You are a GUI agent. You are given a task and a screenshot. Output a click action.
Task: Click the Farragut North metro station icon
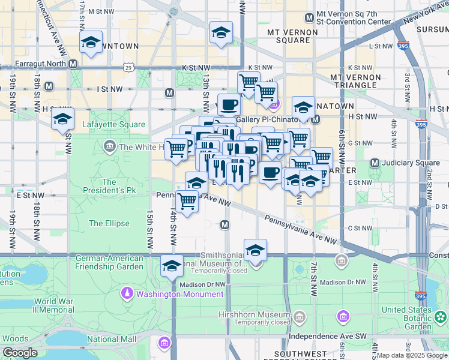pyautogui.click(x=73, y=63)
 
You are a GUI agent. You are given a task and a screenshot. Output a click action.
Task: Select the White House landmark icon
pyautogui.click(x=109, y=146)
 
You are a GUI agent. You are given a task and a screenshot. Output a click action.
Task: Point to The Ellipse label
pyautogui.click(x=109, y=223)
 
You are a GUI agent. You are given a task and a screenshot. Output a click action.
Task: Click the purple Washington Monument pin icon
pyautogui.click(x=127, y=294)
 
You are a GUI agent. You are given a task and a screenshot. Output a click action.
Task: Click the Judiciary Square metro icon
pyautogui.click(x=375, y=163)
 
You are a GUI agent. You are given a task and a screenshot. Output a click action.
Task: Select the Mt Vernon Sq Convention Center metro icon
pyautogui.click(x=309, y=17)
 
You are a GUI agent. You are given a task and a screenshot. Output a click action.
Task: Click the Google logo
pyautogui.click(x=20, y=353)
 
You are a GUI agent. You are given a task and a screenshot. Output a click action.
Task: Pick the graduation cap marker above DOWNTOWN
pyautogui.click(x=91, y=43)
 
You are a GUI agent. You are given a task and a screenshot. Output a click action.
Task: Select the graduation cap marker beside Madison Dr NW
pyautogui.click(x=172, y=266)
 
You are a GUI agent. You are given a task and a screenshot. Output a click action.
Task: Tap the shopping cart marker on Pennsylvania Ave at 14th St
pyautogui.click(x=187, y=203)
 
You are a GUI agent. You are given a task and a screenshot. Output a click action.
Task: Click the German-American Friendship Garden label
pyautogui.click(x=109, y=263)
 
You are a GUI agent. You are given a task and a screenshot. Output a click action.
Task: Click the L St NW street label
pyautogui.click(x=381, y=46)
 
